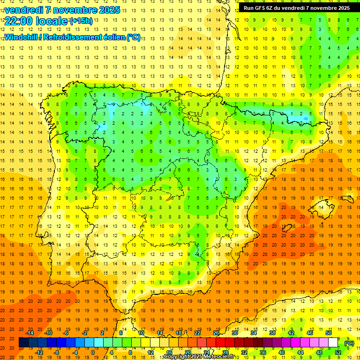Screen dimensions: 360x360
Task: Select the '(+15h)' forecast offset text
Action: tap(81, 21)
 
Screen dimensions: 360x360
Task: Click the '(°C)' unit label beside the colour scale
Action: tap(349, 343)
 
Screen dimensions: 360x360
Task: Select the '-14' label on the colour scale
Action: tap(30, 333)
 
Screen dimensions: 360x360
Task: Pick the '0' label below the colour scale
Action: tap(93, 352)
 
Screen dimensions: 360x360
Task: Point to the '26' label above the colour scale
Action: tap(216, 333)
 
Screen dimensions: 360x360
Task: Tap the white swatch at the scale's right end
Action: tap(333, 343)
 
